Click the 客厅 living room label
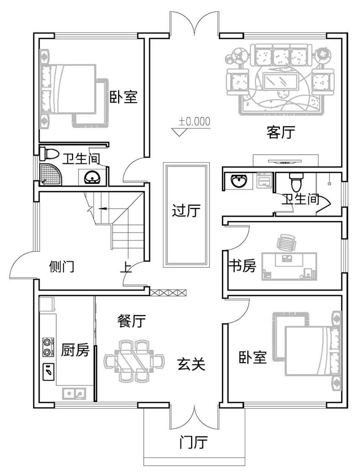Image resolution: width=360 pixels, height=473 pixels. tap(281, 133)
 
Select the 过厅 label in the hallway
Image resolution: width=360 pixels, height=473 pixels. tap(186, 211)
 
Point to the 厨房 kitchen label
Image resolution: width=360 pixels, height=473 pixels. tap(75, 350)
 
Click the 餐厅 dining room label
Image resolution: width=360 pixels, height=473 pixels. tap(132, 322)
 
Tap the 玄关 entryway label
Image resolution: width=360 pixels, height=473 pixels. tap(191, 364)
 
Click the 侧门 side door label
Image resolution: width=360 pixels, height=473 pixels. tap(61, 267)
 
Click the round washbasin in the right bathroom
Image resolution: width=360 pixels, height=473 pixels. tap(238, 182)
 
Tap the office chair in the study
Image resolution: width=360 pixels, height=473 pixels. tap(287, 242)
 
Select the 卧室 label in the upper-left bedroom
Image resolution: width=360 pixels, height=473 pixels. tap(124, 97)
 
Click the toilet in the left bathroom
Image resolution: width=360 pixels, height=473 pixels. tap(49, 154)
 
